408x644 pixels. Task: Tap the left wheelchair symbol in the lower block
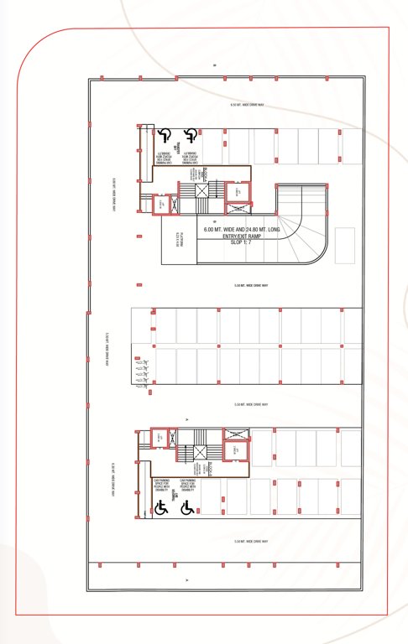(x=160, y=507)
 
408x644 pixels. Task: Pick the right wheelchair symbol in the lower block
(x=186, y=507)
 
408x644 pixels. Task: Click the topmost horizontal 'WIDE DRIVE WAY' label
(x=248, y=106)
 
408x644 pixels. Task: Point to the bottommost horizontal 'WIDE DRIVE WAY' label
(x=251, y=542)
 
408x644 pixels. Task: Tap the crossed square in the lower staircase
(x=200, y=453)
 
